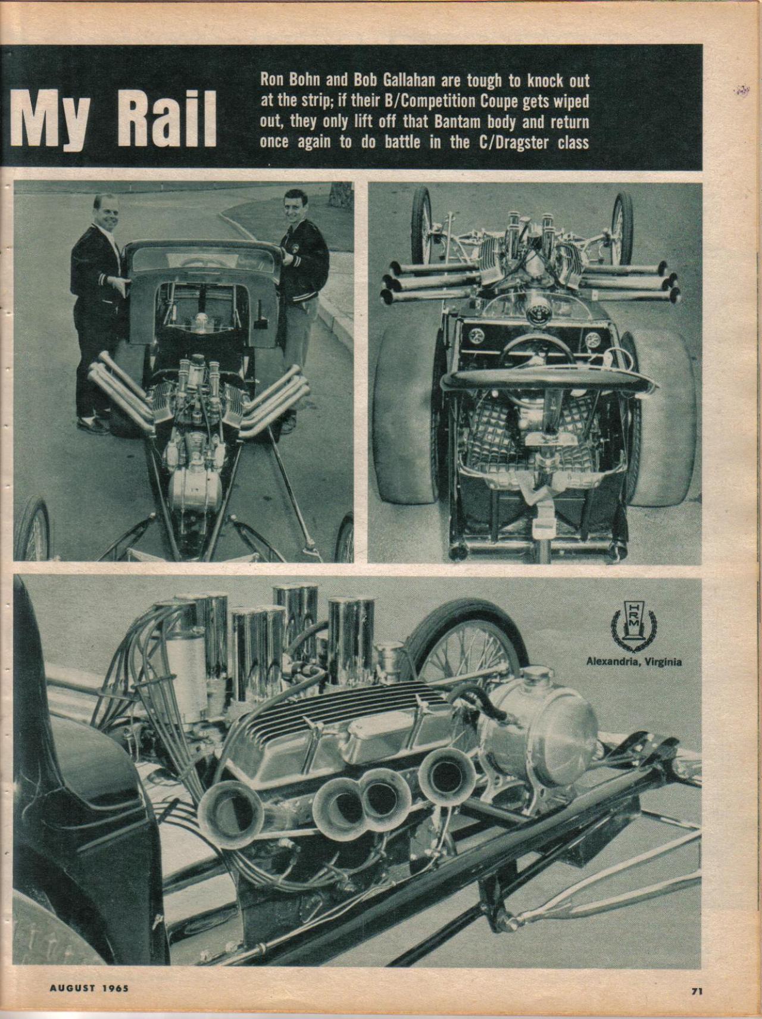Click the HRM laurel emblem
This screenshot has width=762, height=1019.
633,625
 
